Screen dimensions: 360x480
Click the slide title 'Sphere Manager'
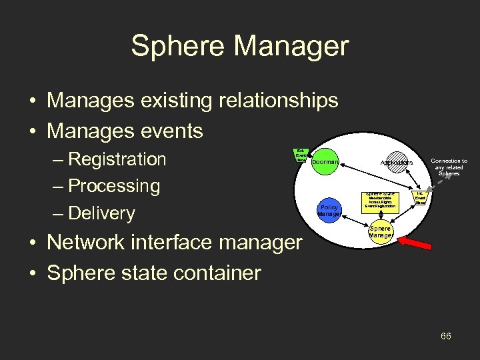tap(239, 47)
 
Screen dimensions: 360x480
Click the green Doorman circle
tap(325, 161)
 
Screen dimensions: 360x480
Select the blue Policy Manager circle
tap(330, 210)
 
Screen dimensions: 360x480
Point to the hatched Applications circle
tap(397, 162)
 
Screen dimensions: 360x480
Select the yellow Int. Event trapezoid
tap(421, 199)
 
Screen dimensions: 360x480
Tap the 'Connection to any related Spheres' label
tap(449, 167)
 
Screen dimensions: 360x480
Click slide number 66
tap(445, 336)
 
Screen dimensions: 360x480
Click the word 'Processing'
tap(115, 186)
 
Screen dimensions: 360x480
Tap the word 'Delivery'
tap(102, 213)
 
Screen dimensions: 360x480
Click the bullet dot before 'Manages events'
tap(33, 131)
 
